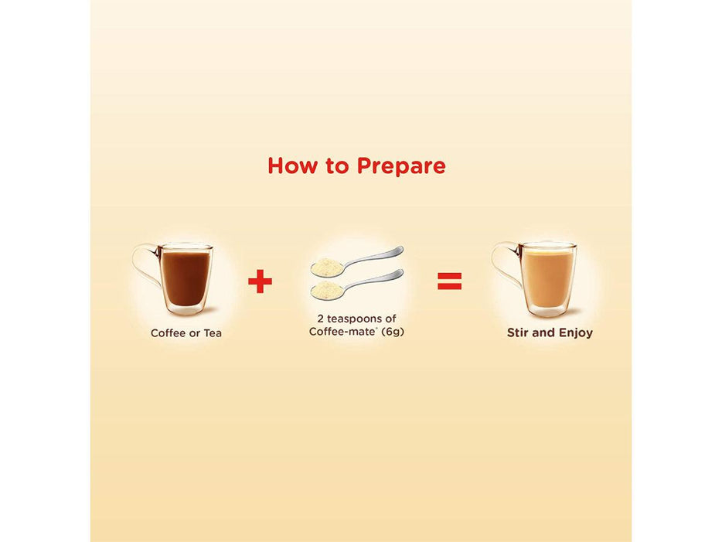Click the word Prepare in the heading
click(401, 166)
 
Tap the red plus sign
click(261, 281)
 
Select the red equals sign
click(449, 281)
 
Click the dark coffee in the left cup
click(186, 278)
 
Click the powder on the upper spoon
click(326, 266)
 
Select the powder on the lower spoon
click(326, 289)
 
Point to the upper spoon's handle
click(374, 257)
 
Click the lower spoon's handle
click(374, 280)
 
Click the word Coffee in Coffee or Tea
click(168, 333)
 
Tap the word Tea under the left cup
click(213, 333)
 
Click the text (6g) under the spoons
click(393, 332)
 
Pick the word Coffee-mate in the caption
click(342, 332)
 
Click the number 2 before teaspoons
click(321, 319)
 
